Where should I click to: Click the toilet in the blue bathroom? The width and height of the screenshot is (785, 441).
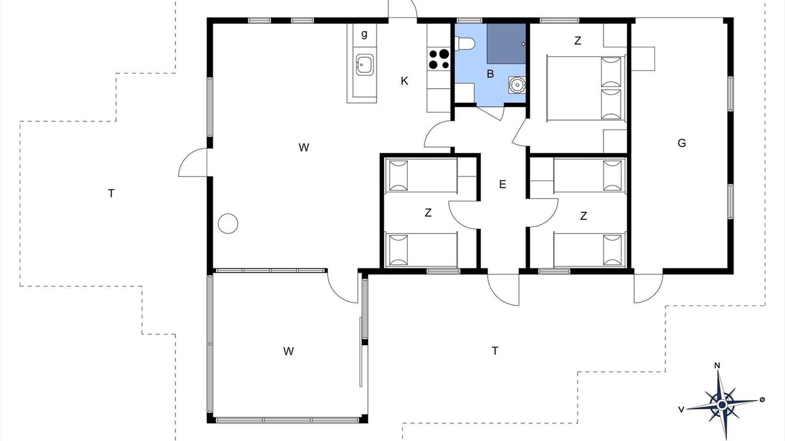465,44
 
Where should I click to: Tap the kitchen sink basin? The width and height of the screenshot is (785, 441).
364,64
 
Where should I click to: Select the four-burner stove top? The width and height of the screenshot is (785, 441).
438,59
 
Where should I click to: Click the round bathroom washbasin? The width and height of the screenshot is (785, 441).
517,85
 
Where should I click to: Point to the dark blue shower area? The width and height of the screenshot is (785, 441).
507,43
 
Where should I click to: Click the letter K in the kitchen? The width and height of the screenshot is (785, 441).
404,81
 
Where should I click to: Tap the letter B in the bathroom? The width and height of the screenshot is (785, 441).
490,74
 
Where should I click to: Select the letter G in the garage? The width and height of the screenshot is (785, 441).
681,143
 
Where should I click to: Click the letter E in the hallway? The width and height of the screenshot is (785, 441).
502,184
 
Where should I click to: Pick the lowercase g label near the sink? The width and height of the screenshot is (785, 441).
364,34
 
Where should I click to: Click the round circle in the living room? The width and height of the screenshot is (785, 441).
228,224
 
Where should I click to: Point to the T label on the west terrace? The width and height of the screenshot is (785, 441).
111,193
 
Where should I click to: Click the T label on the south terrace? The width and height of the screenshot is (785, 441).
495,351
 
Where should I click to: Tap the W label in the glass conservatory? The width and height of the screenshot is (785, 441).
288,351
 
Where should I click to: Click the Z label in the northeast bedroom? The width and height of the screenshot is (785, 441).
578,40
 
